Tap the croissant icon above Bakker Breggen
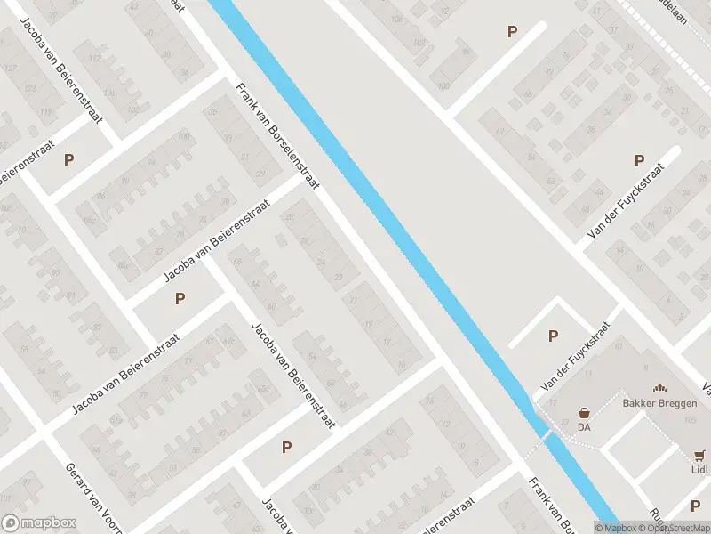click(x=659, y=387)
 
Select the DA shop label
click(x=585, y=426)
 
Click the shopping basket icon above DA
click(x=585, y=413)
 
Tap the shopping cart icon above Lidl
click(x=700, y=454)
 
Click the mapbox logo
click(x=38, y=522)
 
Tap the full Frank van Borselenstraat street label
click(x=276, y=135)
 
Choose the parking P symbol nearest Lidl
click(x=695, y=506)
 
